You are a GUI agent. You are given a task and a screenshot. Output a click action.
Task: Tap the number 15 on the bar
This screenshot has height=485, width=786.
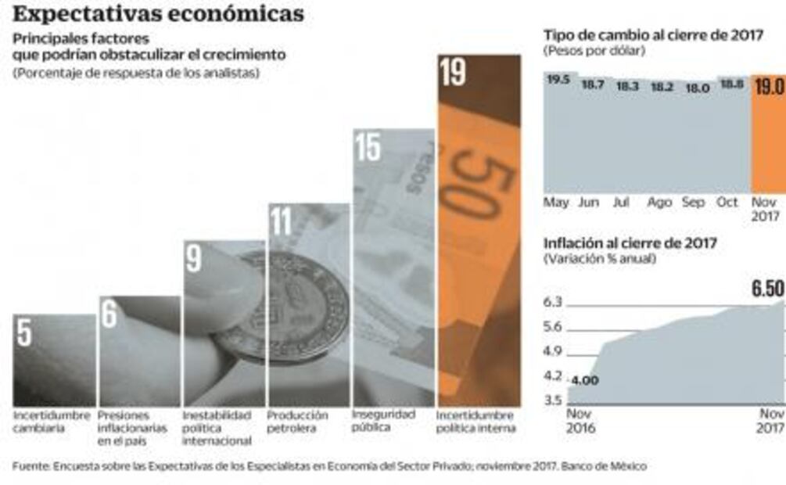368,147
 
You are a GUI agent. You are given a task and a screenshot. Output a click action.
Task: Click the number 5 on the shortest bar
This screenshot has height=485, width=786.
24,332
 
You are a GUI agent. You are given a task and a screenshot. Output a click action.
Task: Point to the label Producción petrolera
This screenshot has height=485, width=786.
297,421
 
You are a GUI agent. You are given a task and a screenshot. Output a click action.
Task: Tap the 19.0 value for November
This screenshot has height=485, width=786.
769,86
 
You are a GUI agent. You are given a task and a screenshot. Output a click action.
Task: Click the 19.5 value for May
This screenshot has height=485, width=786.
558,80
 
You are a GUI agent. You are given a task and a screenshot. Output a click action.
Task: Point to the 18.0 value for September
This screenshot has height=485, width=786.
697,88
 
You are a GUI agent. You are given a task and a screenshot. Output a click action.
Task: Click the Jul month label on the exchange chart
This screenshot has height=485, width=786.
622,202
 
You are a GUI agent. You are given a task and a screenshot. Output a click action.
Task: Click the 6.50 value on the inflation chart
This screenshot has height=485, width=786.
767,288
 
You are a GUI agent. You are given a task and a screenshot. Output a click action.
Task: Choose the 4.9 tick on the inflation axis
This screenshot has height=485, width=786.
553,350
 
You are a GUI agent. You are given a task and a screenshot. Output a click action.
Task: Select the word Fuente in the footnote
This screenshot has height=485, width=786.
30,466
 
